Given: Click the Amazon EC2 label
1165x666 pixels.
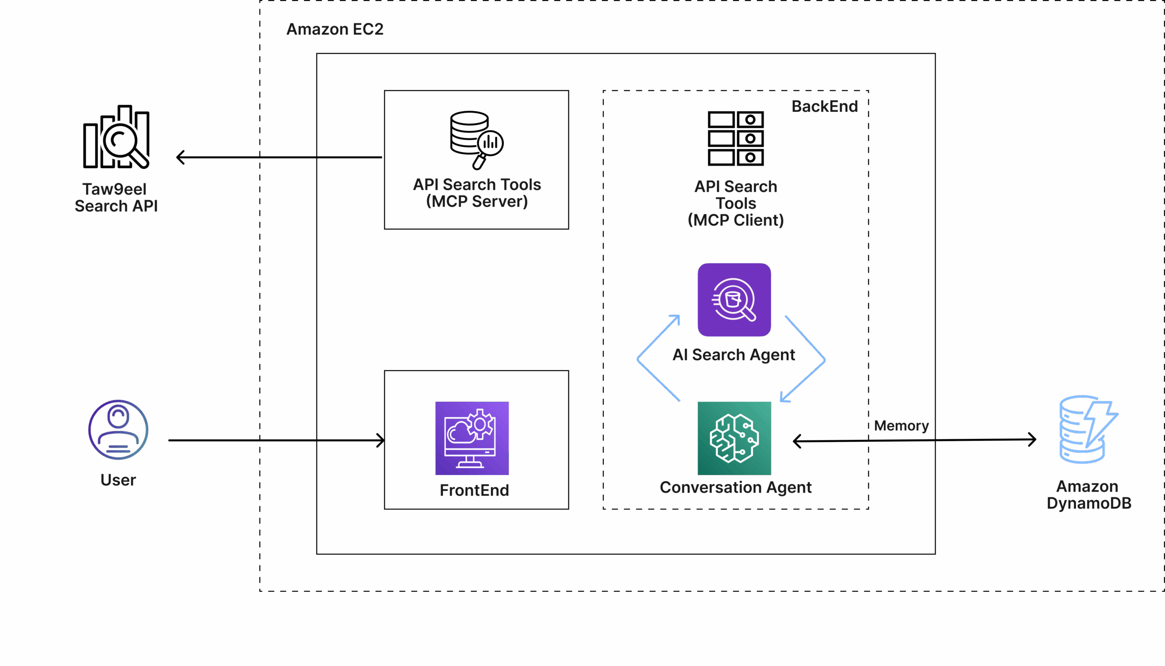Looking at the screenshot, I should click(x=334, y=29).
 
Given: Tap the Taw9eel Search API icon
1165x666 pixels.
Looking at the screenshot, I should click(x=116, y=137).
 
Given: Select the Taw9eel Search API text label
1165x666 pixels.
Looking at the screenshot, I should click(x=116, y=197).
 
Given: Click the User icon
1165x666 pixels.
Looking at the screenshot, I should click(x=118, y=429).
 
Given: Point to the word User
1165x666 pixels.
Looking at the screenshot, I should click(x=118, y=480).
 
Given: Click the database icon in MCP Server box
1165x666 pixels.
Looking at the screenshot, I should click(x=476, y=139).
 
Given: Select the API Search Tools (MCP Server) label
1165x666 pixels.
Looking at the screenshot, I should click(x=477, y=192).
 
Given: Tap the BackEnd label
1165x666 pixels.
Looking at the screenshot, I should click(x=825, y=106).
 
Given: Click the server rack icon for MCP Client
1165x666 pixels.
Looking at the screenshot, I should click(x=735, y=138).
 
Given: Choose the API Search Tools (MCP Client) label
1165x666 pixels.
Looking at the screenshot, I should click(x=736, y=203).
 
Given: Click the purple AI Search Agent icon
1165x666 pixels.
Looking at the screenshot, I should click(x=734, y=300).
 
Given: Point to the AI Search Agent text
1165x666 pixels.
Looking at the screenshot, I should click(x=734, y=354).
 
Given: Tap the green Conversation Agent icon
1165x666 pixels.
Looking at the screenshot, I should click(x=734, y=438).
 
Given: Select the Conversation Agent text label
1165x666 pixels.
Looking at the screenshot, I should click(x=735, y=487).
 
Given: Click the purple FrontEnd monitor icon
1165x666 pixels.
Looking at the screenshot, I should click(x=472, y=438).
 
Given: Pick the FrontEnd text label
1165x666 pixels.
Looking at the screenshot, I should click(x=474, y=490).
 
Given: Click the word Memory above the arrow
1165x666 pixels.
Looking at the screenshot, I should click(x=901, y=425).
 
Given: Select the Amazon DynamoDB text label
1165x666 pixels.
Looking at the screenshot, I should click(x=1089, y=494).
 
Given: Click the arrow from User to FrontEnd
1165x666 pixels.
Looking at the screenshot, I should click(x=274, y=440).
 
